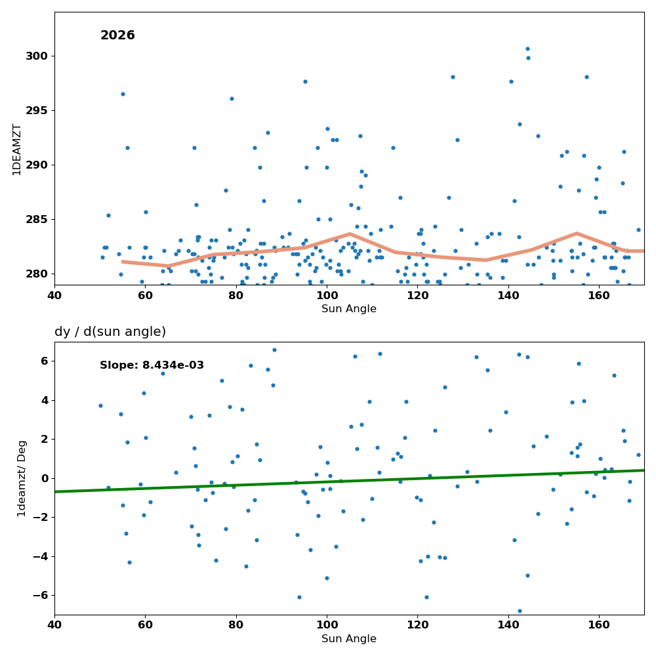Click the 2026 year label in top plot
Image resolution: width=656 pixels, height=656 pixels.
[x=117, y=35]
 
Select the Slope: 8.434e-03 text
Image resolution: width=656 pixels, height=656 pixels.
[x=152, y=365]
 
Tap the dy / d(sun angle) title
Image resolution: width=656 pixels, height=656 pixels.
[x=110, y=332]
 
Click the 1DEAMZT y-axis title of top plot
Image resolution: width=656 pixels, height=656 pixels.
[x=17, y=150]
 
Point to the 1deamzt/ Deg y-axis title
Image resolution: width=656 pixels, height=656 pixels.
[x=22, y=479]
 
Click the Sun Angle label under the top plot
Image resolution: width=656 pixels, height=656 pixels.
[x=349, y=309]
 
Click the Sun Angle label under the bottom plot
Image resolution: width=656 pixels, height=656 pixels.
[x=349, y=639]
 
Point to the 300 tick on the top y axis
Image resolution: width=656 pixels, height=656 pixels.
[x=37, y=56]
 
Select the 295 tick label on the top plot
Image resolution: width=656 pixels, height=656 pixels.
[x=37, y=110]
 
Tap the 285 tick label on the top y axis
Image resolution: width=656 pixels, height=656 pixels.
[x=37, y=220]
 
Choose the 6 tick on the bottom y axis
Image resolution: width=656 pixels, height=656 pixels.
[x=45, y=361]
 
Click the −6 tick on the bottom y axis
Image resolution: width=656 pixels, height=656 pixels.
[x=40, y=596]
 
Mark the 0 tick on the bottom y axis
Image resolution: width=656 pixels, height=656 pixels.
[x=45, y=478]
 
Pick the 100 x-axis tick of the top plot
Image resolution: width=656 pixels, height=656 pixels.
[x=327, y=296]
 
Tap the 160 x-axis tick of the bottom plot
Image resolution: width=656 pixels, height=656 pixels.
[x=599, y=625]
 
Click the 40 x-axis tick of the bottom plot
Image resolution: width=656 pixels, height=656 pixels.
[x=54, y=625]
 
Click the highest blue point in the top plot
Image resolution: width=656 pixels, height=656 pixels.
[x=527, y=49]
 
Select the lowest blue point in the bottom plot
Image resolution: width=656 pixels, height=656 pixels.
[x=520, y=611]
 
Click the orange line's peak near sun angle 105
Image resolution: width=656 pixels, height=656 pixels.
[x=350, y=234]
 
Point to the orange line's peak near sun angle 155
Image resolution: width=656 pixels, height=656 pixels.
[x=577, y=233]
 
